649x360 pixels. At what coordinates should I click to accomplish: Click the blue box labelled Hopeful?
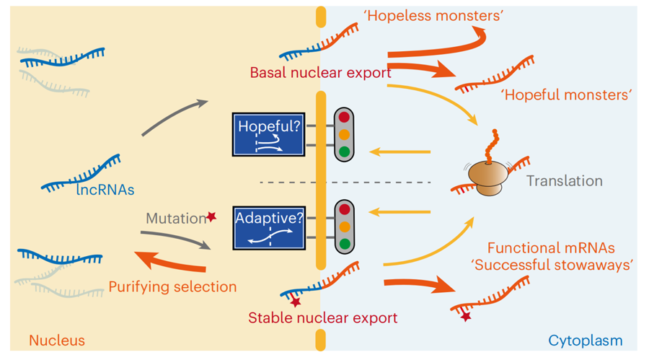(269, 134)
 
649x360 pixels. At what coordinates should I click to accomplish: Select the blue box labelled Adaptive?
(269, 228)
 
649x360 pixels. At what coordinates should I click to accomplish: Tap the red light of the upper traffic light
(344, 118)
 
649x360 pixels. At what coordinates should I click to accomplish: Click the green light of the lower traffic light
(345, 244)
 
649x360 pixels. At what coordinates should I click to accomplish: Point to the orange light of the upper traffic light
(344, 135)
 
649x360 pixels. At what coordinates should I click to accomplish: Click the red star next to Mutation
(211, 216)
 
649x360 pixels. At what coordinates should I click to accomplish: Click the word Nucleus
(57, 340)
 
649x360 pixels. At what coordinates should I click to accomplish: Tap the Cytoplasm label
(586, 341)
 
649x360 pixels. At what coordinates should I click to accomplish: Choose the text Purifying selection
(172, 286)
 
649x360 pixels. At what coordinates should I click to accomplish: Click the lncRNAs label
(105, 190)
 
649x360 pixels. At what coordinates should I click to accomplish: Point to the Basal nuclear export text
(321, 72)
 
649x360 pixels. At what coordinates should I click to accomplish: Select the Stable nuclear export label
(323, 317)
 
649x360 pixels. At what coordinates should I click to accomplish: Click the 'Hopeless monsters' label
(433, 16)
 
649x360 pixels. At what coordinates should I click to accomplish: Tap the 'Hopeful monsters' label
(566, 95)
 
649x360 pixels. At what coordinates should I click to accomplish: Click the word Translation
(565, 181)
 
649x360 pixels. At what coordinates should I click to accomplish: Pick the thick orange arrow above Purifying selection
(169, 263)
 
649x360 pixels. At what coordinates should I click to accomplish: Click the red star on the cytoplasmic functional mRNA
(466, 317)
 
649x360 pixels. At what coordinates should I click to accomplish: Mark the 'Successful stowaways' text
(552, 265)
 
